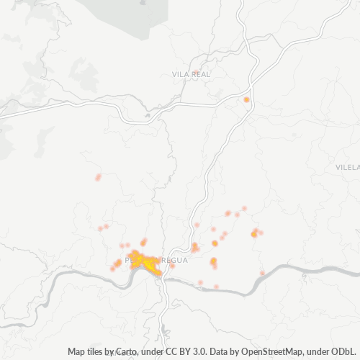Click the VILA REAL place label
[190, 74]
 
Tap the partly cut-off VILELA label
[347, 166]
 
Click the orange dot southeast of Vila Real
[246, 99]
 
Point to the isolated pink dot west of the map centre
[98, 177]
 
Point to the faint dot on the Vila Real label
[195, 71]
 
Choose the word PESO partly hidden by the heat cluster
[133, 258]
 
